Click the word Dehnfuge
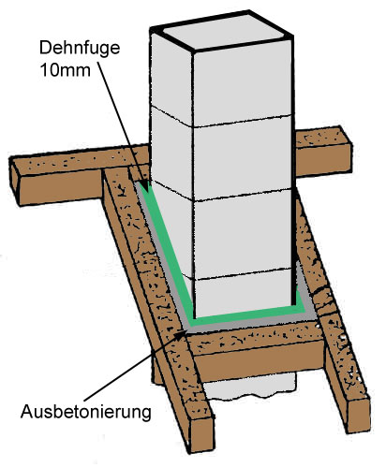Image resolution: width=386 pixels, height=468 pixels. (x=80, y=49)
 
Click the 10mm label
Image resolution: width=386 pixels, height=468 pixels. (x=66, y=70)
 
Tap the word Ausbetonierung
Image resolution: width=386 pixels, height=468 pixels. (x=86, y=413)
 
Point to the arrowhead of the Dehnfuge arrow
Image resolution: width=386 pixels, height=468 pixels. (x=144, y=184)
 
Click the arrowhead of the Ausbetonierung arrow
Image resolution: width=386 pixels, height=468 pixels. (x=180, y=335)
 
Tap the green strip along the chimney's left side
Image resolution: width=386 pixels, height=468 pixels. (x=166, y=246)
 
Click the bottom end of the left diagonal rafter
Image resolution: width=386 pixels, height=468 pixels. (x=201, y=434)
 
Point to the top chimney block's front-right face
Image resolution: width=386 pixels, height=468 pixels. (x=243, y=84)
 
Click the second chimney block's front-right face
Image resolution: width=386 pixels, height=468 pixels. (x=243, y=158)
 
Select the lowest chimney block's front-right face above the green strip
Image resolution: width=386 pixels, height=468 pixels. (x=243, y=292)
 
